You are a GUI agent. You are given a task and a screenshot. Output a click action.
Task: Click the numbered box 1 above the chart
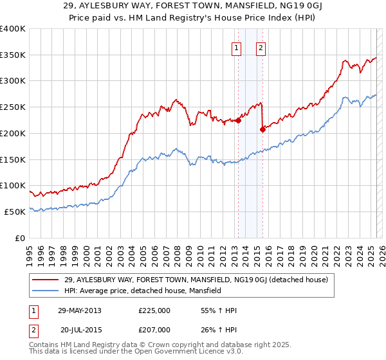pos(237,47)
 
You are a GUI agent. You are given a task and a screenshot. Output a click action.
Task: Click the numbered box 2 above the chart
pos(261,47)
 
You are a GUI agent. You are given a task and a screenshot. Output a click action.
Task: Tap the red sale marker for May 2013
pos(238,120)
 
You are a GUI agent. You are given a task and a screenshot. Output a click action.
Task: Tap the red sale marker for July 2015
pos(262,129)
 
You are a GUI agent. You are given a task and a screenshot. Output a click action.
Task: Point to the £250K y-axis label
pos(13,107)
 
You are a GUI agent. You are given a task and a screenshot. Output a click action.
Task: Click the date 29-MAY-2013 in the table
pos(80,310)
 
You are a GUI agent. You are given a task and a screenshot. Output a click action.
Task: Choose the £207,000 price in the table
pos(154,329)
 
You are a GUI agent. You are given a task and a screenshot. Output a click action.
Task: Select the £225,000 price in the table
pos(154,310)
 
